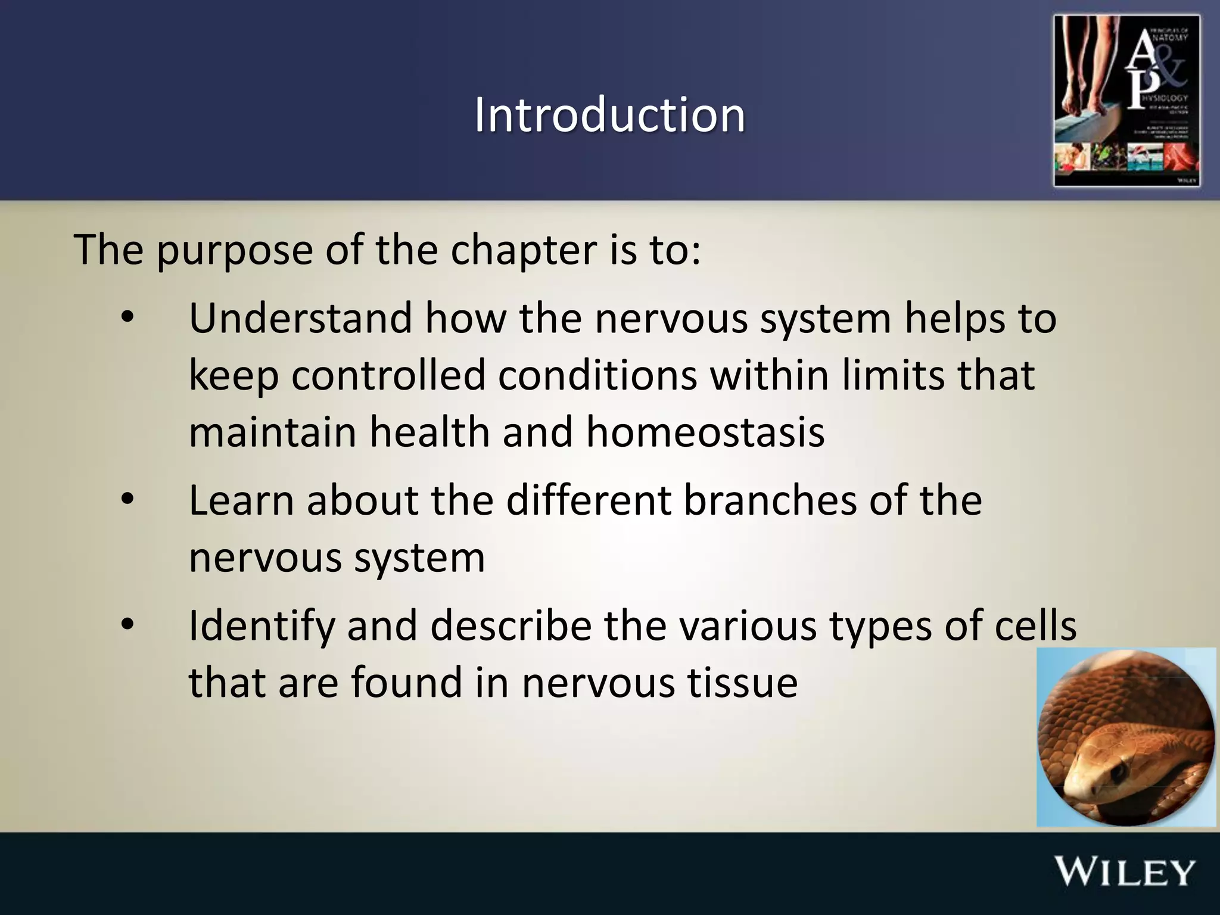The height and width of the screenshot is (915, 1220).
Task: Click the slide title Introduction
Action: point(609,114)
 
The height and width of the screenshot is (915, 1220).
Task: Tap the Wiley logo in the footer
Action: point(1125,873)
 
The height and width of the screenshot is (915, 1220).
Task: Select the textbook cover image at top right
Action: point(1126,101)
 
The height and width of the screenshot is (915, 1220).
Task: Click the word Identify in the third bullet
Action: point(262,627)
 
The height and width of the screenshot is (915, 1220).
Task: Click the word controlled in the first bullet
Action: point(388,375)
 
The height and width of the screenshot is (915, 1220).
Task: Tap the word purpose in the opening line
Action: point(235,250)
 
